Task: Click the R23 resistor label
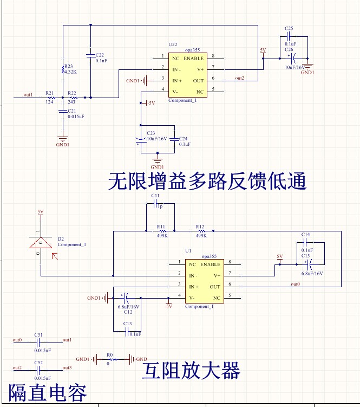point(69,67)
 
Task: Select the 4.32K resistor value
point(71,72)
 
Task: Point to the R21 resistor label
point(50,93)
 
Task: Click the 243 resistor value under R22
point(71,102)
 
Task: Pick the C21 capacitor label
point(72,111)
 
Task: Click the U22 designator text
point(173,44)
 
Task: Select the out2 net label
point(239,78)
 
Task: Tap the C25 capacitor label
point(289,28)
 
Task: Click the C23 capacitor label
point(150,133)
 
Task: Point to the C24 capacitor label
point(183,139)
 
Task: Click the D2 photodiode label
point(61,238)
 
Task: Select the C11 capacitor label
point(155,196)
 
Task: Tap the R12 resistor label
point(200,227)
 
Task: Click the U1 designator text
point(188,250)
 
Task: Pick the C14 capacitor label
point(306,234)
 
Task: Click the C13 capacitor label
point(128,324)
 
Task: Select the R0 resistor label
point(110,354)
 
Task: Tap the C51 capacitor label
point(38,335)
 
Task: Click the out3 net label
point(67,367)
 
